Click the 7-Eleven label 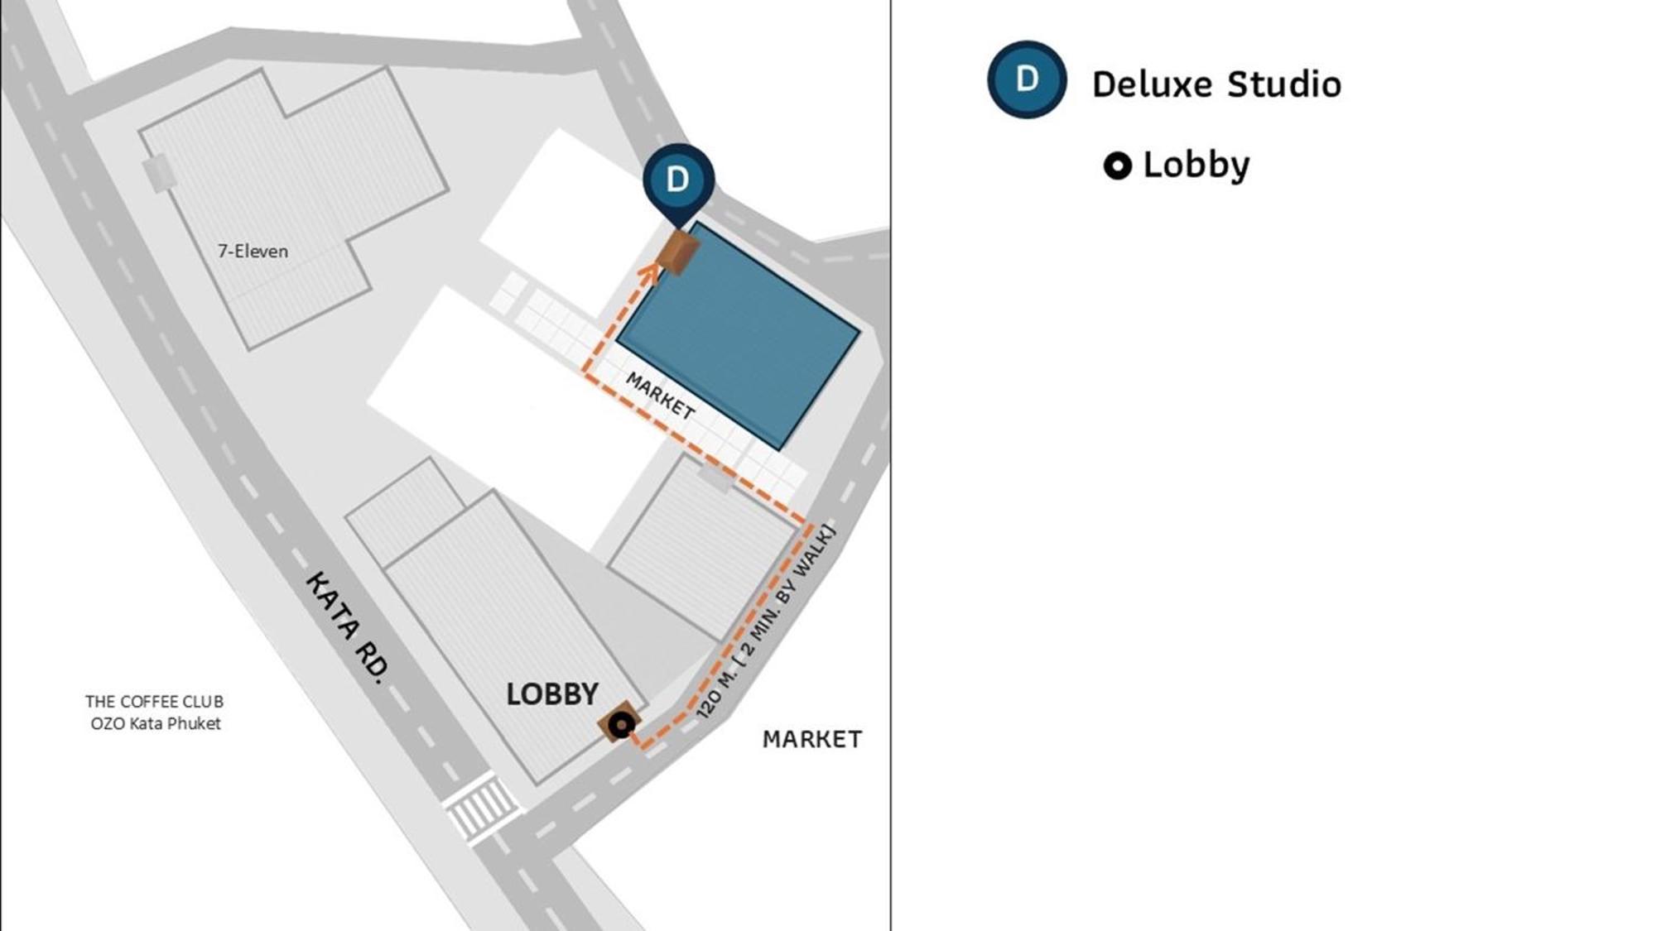coord(253,251)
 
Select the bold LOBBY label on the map coord(551,694)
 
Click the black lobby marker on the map coord(621,725)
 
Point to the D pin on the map coord(678,180)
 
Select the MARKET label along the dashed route coord(660,396)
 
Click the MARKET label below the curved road coord(811,739)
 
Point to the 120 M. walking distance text coord(766,622)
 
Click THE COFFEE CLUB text coord(154,702)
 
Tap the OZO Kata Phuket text coord(156,723)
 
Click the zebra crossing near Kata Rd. coord(480,808)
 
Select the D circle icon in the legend coord(1027,79)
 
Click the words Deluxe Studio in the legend coord(1216,84)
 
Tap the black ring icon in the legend coord(1117,166)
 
